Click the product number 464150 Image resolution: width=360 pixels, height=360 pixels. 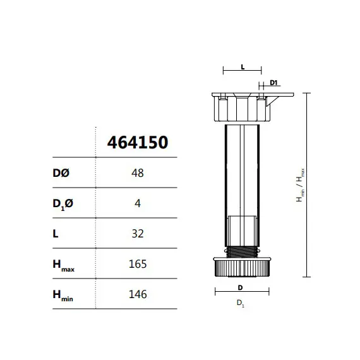tap(138, 142)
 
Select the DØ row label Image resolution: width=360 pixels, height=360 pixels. tap(63, 173)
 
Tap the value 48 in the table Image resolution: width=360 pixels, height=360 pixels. tap(137, 173)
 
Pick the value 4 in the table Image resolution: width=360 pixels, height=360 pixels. tap(137, 203)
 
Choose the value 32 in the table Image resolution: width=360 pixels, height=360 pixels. tap(137, 234)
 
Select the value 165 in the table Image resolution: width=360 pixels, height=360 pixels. tap(137, 264)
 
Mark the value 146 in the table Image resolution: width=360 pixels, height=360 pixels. tap(137, 294)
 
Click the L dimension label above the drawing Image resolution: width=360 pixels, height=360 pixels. tap(243, 66)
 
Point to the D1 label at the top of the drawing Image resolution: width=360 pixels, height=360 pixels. tap(274, 82)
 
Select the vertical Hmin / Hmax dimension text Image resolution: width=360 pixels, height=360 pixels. tap(301, 184)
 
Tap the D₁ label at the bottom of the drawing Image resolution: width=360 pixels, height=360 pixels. tap(241, 304)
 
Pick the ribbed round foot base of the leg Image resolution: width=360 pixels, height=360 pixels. tap(242, 268)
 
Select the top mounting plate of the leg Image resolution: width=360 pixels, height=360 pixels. tap(253, 95)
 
